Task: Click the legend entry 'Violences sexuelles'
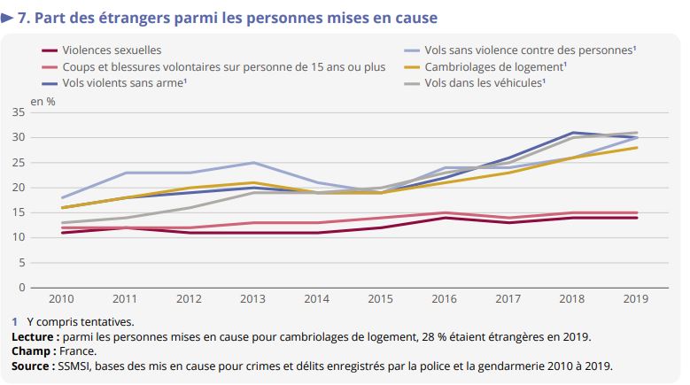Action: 112,51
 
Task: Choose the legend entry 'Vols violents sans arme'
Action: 125,83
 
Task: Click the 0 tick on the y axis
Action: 22,288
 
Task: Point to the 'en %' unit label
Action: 43,101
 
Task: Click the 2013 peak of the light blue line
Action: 254,163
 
